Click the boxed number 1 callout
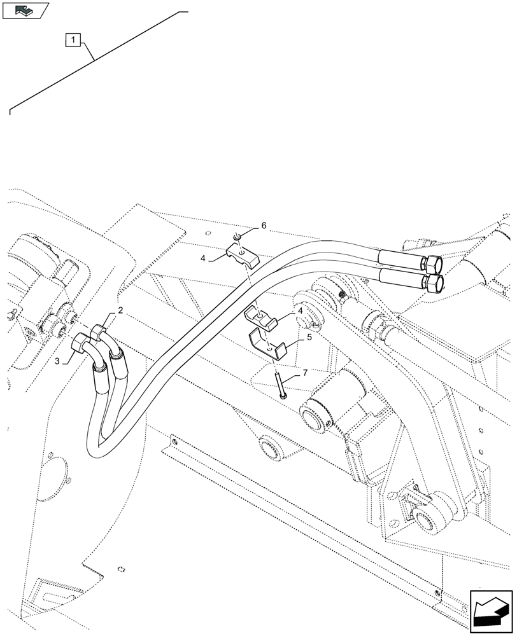click(x=74, y=41)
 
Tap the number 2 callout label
click(x=119, y=311)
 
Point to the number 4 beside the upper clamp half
click(x=203, y=259)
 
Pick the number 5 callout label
click(x=309, y=337)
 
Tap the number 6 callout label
click(x=264, y=226)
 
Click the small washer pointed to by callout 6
click(x=237, y=238)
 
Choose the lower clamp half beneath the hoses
click(x=262, y=316)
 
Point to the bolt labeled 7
click(x=281, y=385)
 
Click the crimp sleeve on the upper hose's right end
click(x=399, y=258)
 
